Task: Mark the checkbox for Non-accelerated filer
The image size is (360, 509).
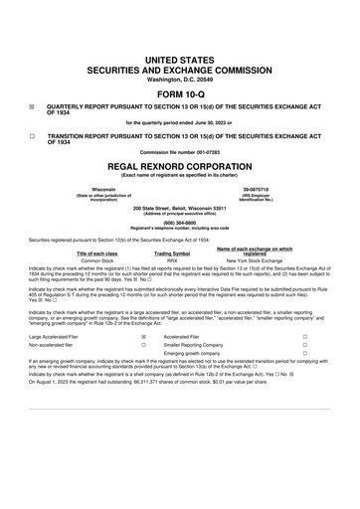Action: [x=144, y=345]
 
